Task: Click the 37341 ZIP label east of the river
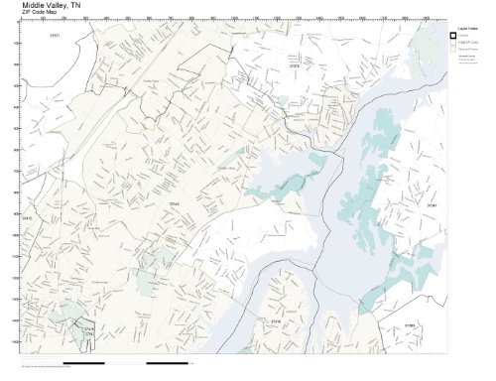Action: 431,204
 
